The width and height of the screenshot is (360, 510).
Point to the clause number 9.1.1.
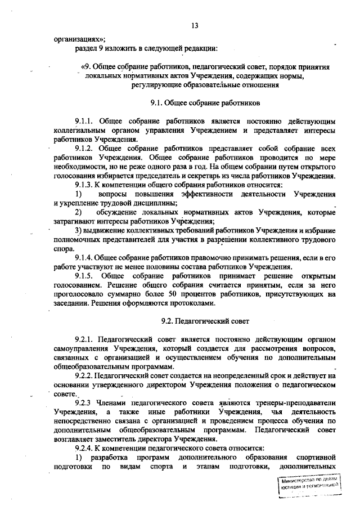coord(85,121)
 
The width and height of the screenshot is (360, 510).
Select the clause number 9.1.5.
coord(85,276)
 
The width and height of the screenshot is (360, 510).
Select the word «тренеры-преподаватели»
coord(296,403)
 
